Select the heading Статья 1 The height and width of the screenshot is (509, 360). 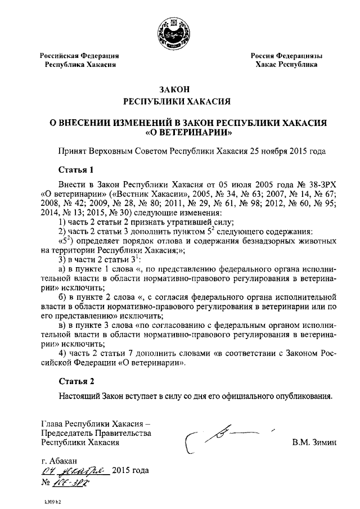point(75,169)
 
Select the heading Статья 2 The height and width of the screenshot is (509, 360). point(76,381)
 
